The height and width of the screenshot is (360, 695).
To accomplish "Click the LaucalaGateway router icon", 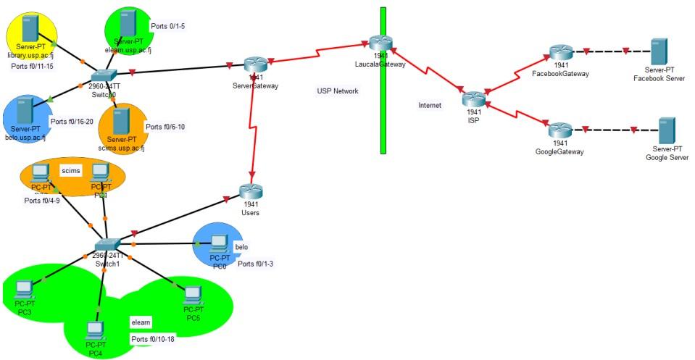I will point(379,43).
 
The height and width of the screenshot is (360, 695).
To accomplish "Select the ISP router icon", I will point(473,99).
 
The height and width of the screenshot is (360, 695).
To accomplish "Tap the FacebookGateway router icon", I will point(560,52).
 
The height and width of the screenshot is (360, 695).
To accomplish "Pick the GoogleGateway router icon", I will point(559,131).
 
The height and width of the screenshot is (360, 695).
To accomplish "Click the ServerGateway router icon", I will point(254,64).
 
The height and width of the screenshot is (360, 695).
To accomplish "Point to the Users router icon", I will point(251,192).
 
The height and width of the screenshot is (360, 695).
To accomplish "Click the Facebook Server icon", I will point(659,51).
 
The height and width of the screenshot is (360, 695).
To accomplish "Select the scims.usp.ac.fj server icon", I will point(121,121).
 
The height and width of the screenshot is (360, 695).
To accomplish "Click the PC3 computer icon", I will point(24,289).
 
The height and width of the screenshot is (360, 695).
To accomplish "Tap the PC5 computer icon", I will point(192,295).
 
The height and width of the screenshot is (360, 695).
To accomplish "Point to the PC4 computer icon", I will point(95,331).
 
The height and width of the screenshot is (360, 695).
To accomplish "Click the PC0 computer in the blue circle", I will point(219,242).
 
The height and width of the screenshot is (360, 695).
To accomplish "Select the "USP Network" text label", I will point(338,91).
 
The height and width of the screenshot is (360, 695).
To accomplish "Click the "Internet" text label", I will point(430,105).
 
